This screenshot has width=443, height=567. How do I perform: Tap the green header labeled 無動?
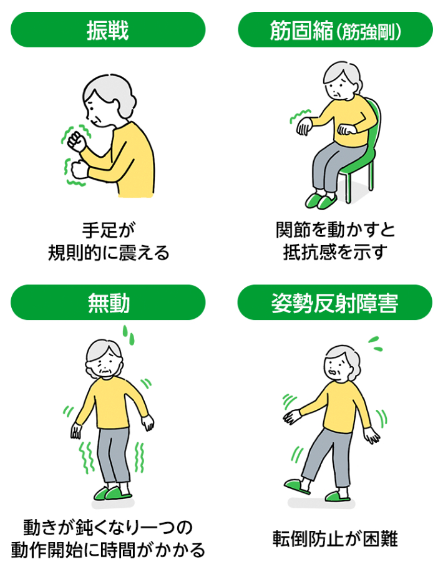(x=108, y=303)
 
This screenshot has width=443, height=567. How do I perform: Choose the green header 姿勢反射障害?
(x=335, y=303)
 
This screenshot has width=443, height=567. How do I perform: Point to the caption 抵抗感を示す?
(x=335, y=253)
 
